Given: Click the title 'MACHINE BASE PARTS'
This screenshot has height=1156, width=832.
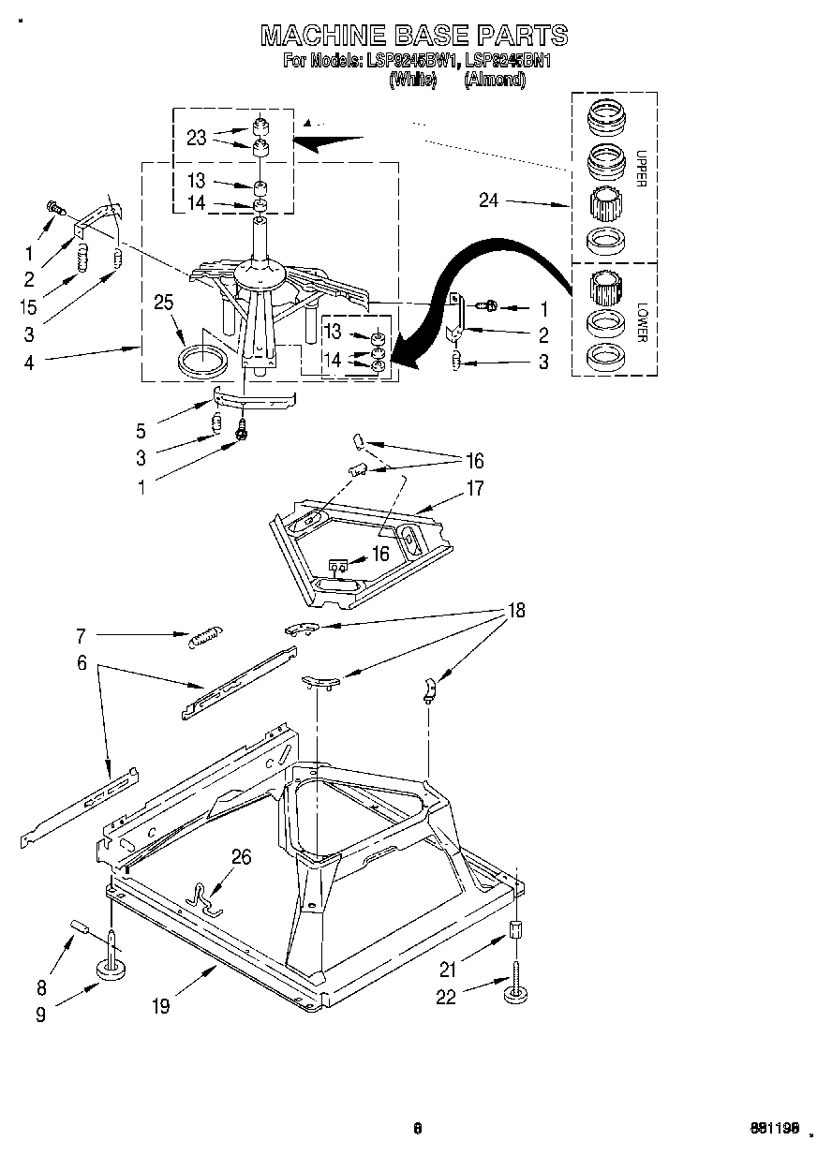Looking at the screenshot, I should (414, 36).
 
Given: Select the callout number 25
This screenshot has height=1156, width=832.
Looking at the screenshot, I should (165, 302).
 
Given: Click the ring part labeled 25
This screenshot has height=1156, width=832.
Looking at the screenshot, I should (203, 360).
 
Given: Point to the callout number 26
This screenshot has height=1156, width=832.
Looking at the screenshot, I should (241, 856).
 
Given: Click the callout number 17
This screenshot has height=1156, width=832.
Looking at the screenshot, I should (475, 488).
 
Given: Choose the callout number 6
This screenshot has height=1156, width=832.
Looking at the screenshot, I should (82, 663).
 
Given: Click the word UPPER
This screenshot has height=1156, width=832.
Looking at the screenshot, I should (641, 168).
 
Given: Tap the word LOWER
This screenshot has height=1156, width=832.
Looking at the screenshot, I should (641, 320).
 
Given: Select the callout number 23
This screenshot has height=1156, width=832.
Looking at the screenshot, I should (196, 138).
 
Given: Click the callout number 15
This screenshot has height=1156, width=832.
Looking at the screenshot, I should (29, 305).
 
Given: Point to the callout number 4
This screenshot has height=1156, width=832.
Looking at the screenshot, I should (29, 362).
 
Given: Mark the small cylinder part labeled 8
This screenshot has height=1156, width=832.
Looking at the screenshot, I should (78, 929).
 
